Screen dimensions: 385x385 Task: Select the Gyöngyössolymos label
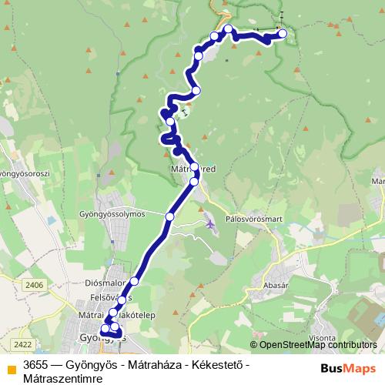(x=112, y=214)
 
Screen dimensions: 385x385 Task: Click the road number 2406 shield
(x=34, y=285)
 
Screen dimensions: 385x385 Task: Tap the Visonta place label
(x=322, y=336)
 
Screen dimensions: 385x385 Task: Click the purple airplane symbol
(x=212, y=224)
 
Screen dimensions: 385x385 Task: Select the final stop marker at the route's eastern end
(x=283, y=33)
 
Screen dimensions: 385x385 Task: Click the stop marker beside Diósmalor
(x=135, y=282)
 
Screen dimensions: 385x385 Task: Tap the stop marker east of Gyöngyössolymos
(x=170, y=217)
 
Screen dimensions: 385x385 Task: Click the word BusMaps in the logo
(x=343, y=367)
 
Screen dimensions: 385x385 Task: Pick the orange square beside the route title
(x=10, y=367)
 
